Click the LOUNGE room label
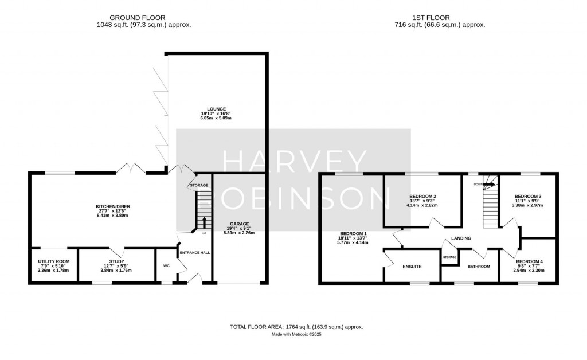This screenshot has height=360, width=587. [217, 109]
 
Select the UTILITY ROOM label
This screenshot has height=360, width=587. [54, 261]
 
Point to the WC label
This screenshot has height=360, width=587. [166, 266]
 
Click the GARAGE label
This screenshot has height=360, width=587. [239, 224]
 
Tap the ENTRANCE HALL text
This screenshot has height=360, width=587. [194, 253]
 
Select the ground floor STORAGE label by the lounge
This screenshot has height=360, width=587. [199, 185]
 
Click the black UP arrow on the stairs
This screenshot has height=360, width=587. [204, 222]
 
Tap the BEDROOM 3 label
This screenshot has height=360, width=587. [528, 197]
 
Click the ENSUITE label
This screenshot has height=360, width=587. [412, 267]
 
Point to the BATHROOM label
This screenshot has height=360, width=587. [479, 267]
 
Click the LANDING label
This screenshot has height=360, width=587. [461, 238]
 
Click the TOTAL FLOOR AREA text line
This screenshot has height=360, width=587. [296, 327]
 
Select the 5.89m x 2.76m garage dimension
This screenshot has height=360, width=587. [239, 233]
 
